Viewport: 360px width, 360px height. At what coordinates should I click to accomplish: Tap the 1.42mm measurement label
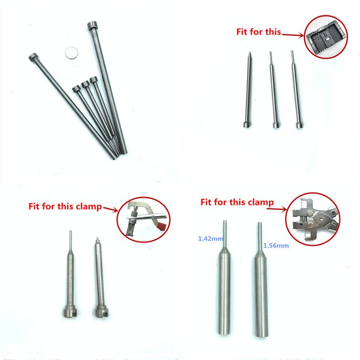211,238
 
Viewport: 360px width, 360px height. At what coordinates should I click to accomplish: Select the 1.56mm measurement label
276,245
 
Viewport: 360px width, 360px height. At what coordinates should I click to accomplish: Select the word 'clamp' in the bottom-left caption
89,206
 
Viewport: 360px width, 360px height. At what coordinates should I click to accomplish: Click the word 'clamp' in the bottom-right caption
261,202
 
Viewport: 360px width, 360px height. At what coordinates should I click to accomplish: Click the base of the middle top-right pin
276,125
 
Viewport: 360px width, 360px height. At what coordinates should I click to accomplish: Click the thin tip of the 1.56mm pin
260,223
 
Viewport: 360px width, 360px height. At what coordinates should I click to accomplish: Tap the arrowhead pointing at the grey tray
302,35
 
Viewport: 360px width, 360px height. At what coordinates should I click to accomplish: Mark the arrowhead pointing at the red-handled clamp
115,210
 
